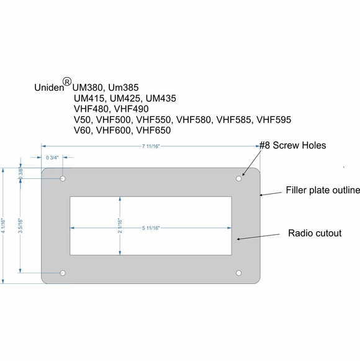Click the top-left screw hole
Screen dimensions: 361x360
click(x=63, y=179)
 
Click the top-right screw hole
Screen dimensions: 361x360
click(x=239, y=179)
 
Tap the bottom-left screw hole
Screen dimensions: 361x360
click(x=63, y=273)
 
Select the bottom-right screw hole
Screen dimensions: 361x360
click(x=239, y=273)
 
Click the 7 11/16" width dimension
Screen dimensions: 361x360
click(x=151, y=147)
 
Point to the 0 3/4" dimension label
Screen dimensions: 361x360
click(x=54, y=158)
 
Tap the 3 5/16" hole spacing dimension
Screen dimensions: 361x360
click(x=20, y=226)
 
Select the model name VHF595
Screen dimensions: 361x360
click(x=274, y=119)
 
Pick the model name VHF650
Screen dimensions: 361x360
click(x=153, y=130)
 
